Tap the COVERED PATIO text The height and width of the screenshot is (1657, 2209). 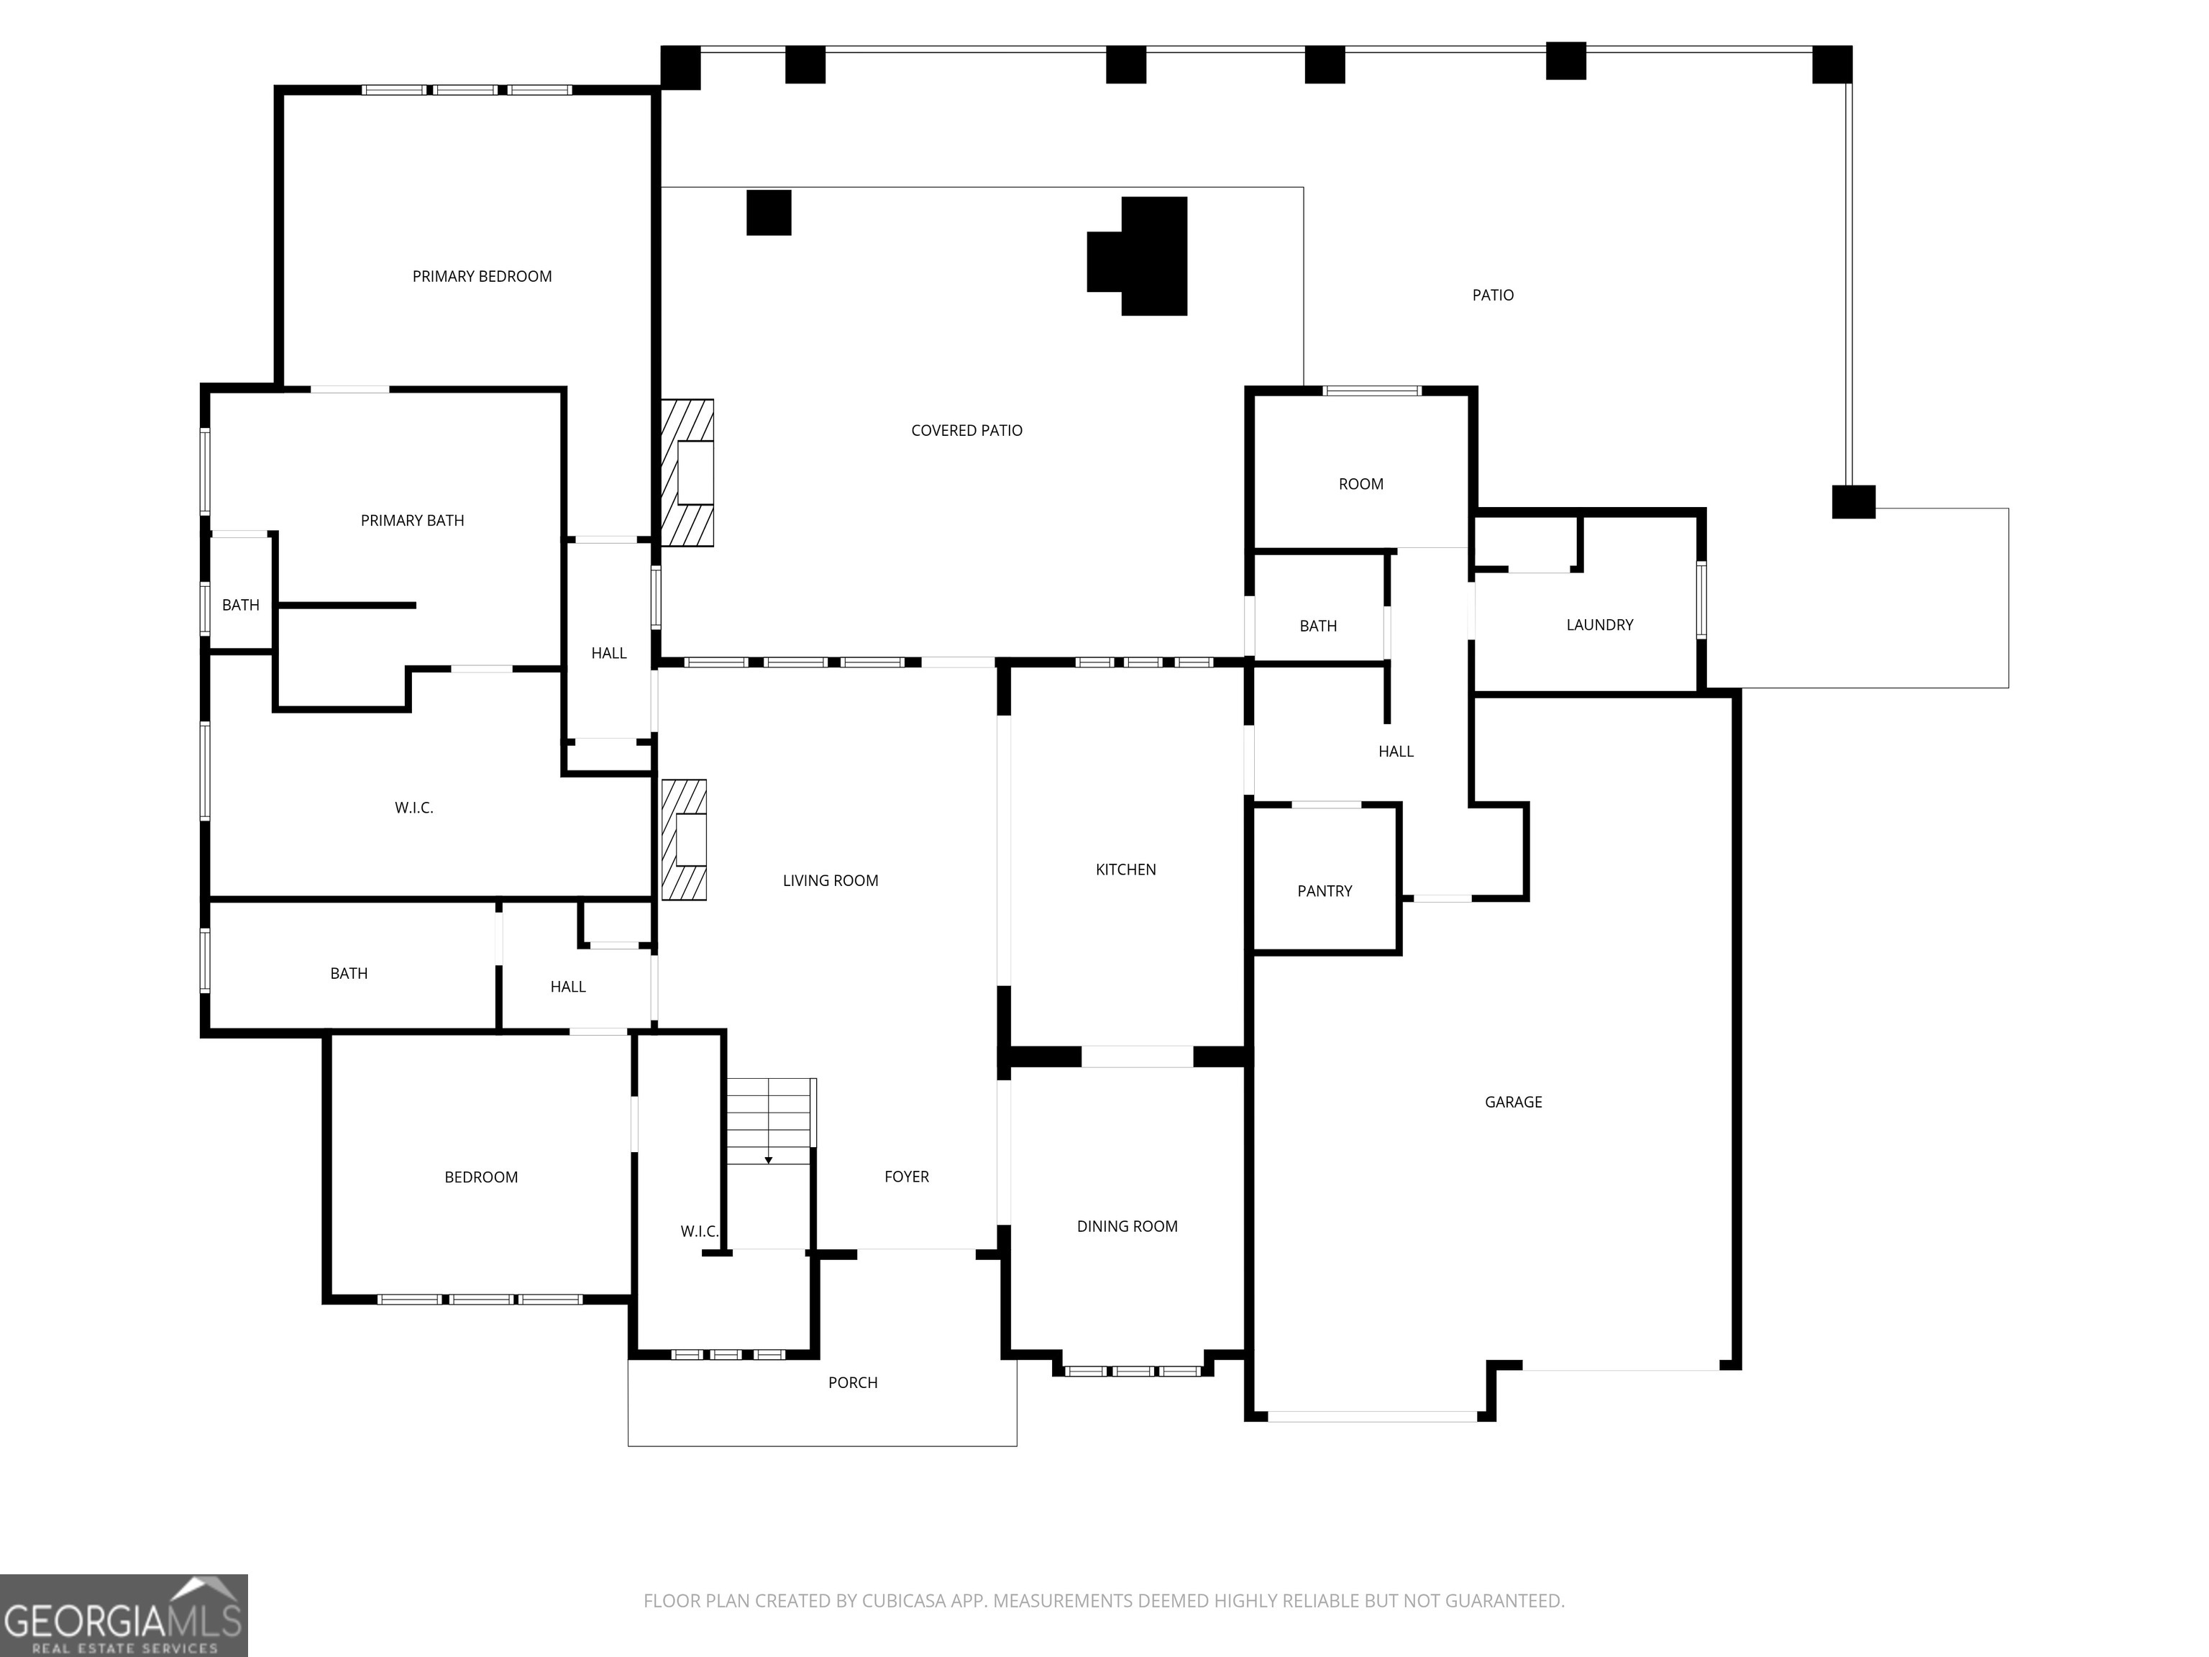(966, 431)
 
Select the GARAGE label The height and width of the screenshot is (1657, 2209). (1513, 1102)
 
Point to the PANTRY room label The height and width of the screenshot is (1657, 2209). (1325, 891)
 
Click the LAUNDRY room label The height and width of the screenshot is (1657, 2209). (1599, 625)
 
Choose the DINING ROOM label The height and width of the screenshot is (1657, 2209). (1127, 1226)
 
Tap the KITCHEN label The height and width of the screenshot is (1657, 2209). (1125, 870)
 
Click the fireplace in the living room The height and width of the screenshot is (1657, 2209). (685, 840)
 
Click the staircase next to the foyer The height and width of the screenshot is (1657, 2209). (769, 1120)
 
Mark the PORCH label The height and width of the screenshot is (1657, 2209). (852, 1383)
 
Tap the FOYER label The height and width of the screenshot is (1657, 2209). (906, 1177)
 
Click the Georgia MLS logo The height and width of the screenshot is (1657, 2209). (123, 1615)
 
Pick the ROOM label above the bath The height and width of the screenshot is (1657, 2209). (1360, 485)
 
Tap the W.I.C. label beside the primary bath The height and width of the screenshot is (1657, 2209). (413, 808)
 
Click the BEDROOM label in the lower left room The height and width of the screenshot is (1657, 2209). (480, 1177)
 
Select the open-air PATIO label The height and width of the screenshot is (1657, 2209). (1492, 296)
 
